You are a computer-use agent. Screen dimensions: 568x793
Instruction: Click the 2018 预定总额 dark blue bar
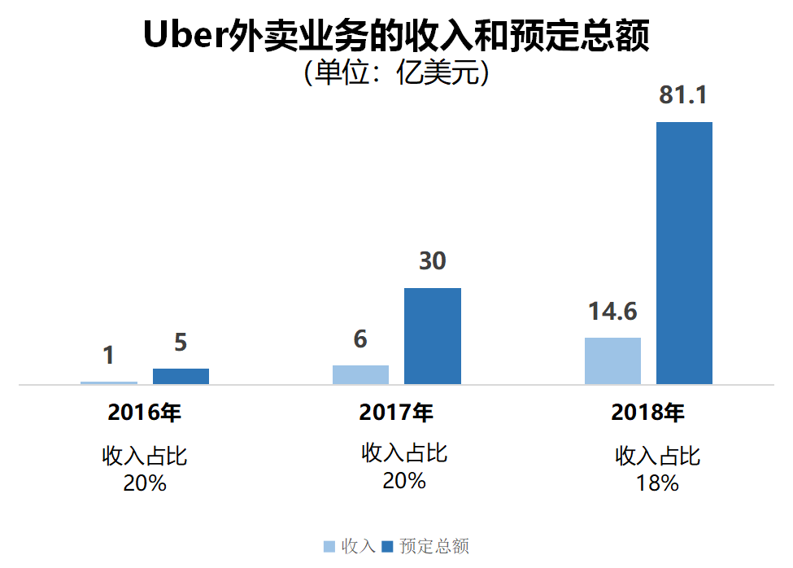684,253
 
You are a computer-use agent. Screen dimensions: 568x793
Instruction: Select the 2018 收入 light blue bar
612,360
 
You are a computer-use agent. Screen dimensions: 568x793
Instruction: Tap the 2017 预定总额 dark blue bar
432,336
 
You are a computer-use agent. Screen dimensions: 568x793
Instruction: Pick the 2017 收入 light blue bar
360,374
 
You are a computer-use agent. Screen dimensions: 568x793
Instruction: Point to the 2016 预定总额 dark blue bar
181,376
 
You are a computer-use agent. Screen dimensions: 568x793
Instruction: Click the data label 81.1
683,96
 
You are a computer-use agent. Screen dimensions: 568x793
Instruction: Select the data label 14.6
612,312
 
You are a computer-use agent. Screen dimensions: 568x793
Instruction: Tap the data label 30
432,262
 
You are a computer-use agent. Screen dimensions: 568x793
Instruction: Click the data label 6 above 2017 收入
360,339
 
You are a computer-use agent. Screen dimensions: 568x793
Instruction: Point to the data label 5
181,343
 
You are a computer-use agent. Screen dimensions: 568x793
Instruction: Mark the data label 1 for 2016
108,356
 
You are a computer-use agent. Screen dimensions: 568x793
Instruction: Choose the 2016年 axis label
144,413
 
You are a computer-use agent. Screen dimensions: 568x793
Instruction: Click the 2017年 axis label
396,413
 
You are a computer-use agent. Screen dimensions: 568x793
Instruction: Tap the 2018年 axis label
648,413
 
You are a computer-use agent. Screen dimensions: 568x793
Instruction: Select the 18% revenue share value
657,483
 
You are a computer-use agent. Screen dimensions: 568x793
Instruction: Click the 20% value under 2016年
145,483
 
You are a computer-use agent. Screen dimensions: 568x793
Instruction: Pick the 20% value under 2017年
404,481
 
